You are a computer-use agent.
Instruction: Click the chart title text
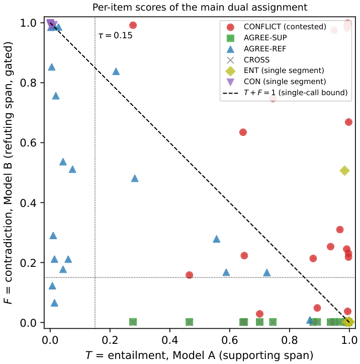pos(200,8)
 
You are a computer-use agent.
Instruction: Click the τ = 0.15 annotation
pos(116,36)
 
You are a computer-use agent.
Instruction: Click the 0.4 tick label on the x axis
pos(170,340)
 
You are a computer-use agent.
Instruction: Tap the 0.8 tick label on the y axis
pos(29,83)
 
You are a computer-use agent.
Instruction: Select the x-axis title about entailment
pos(199,355)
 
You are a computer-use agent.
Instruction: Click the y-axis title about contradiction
pos(9,173)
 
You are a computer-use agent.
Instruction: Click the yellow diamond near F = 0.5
pos(345,171)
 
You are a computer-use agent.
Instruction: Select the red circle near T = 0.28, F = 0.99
pos(133,25)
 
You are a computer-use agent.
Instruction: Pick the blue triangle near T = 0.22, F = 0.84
pos(116,71)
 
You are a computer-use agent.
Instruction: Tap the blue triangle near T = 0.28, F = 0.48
pos(135,179)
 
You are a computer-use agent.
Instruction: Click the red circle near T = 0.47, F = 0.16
pos(190,275)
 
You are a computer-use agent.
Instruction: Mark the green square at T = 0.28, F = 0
pos(133,322)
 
